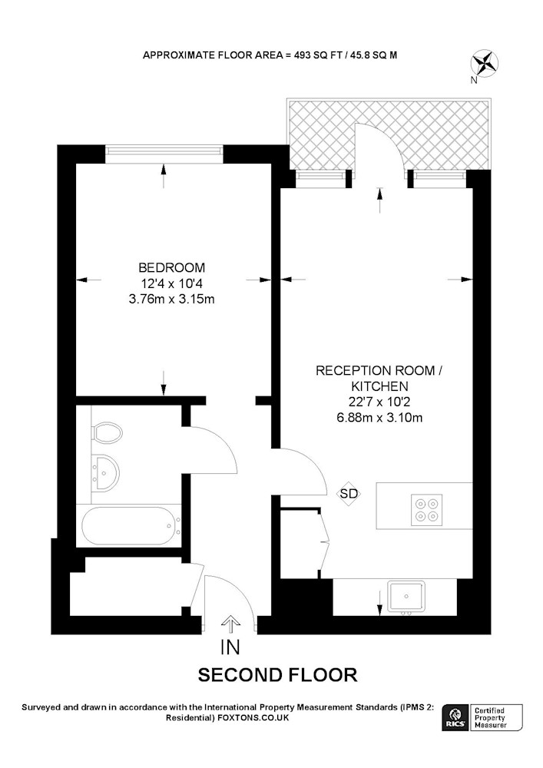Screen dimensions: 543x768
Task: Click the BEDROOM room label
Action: click(x=172, y=268)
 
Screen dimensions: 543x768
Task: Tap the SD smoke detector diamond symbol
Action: click(x=349, y=494)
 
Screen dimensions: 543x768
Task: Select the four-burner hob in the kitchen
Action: click(x=426, y=510)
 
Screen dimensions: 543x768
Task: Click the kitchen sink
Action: click(x=407, y=597)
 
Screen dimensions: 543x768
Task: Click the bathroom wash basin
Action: click(x=105, y=472)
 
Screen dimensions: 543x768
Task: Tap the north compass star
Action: click(x=485, y=63)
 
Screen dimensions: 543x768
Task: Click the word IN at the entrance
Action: click(x=230, y=647)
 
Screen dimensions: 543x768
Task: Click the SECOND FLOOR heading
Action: click(x=277, y=675)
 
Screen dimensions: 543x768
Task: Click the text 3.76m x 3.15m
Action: click(x=171, y=299)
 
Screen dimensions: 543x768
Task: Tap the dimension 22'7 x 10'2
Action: click(x=379, y=402)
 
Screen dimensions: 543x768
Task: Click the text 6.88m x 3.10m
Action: click(x=379, y=418)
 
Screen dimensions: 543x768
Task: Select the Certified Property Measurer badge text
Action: click(x=491, y=718)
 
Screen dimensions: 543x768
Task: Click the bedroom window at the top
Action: click(x=164, y=154)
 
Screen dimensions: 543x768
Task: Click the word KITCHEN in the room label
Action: click(x=379, y=386)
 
